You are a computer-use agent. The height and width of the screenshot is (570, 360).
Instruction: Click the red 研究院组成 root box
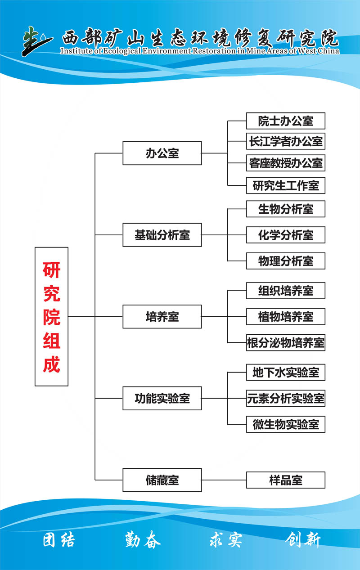pyautogui.click(x=51, y=316)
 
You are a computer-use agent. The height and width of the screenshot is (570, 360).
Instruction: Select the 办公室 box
pyautogui.click(x=162, y=153)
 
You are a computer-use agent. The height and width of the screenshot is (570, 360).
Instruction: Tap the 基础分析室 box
pyautogui.click(x=162, y=235)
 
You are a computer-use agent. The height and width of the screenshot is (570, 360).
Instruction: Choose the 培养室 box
pyautogui.click(x=162, y=316)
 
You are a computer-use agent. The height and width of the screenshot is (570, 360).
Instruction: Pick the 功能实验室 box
pyautogui.click(x=162, y=398)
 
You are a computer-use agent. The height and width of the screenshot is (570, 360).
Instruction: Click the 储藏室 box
pyautogui.click(x=162, y=480)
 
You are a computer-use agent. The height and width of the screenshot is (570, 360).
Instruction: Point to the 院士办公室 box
pyautogui.click(x=285, y=121)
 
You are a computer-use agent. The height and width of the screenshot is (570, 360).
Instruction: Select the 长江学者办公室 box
pyautogui.click(x=285, y=141)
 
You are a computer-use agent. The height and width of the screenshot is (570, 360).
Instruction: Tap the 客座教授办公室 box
pyautogui.click(x=285, y=163)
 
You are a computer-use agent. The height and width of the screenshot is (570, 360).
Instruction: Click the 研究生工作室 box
pyautogui.click(x=285, y=185)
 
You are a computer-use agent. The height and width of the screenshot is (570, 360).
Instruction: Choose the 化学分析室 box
pyautogui.click(x=285, y=235)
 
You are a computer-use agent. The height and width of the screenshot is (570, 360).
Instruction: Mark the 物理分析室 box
pyautogui.click(x=285, y=261)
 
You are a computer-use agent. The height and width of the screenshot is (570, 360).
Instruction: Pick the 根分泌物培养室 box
pyautogui.click(x=285, y=343)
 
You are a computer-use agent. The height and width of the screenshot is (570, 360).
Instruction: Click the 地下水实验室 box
pyautogui.click(x=285, y=373)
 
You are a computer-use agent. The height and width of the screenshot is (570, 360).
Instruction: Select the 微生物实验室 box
pyautogui.click(x=285, y=424)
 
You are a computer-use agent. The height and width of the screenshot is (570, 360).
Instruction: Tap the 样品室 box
pyautogui.click(x=285, y=480)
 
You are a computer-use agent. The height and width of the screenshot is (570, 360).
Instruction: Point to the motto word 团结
pyautogui.click(x=59, y=540)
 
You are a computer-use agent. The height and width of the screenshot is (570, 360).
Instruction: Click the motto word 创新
pyautogui.click(x=303, y=540)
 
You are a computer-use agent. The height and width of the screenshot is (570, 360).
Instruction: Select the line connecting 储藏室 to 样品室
pyautogui.click(x=224, y=480)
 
